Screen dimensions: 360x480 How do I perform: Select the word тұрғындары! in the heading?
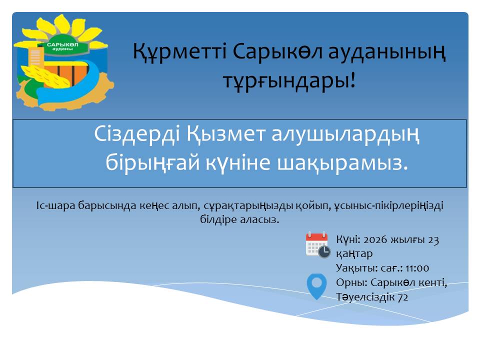click(290, 79)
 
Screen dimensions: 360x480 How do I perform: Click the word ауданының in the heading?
click(388, 52)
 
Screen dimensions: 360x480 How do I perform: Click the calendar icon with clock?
click(317, 244)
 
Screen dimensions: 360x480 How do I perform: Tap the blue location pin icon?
click(316, 286)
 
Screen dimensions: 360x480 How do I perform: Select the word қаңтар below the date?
click(354, 253)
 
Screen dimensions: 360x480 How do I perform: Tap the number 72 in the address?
click(402, 297)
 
